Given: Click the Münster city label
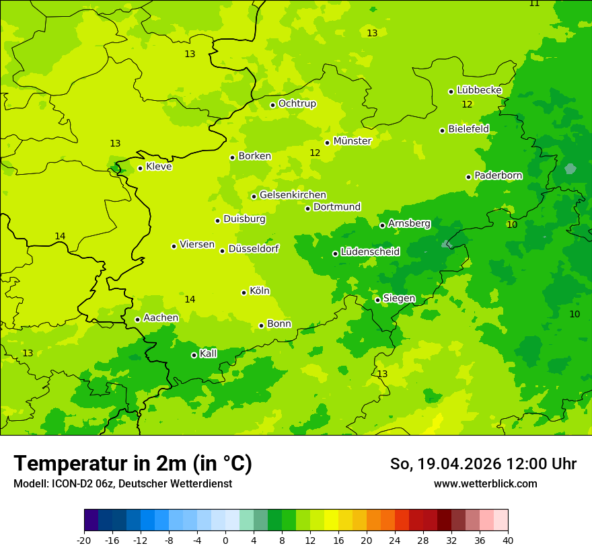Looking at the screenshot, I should pos(352,141).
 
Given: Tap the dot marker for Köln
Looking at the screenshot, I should pos(244,292).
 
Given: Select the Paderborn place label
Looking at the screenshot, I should pos(498,175).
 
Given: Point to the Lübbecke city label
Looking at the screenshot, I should pos(479,90).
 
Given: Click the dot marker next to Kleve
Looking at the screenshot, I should pos(140,168).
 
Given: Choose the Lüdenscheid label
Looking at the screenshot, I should pos(370,252).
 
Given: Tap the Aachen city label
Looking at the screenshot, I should pos(161,318).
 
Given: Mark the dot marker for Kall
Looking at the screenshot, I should pos(194,355).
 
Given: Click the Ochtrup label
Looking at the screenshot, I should pos(297,104).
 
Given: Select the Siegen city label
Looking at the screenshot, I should pos(399,298).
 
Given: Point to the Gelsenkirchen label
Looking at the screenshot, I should pos(293,195).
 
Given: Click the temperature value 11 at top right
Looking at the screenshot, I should pos(534,3).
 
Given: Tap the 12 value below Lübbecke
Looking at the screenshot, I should pos(467,104).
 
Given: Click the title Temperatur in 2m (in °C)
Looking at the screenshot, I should pos(133,463).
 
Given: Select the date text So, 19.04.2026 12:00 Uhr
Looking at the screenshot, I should pos(483,464).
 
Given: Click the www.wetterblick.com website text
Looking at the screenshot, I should pos(485,483).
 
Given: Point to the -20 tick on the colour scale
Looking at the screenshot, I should pos(84,540).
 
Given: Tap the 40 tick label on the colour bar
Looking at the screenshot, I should pos(508,540).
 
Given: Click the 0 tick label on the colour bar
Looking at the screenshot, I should pos(225,540).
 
